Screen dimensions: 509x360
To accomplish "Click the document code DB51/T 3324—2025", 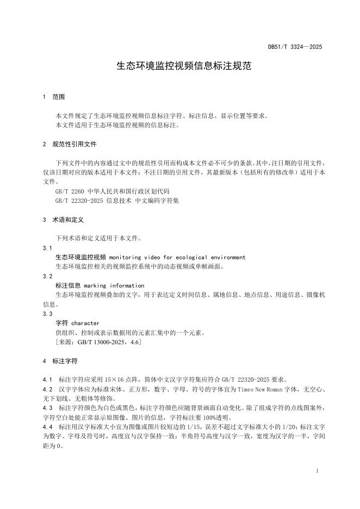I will click(295, 47).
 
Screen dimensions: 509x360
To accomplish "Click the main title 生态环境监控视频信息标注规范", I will click(180, 66).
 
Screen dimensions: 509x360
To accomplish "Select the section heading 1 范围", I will click(53, 97).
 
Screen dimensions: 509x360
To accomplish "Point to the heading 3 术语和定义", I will click(63, 220).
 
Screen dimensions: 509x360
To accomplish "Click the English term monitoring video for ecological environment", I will click(177, 257).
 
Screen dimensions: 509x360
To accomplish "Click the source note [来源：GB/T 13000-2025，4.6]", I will click(99, 342).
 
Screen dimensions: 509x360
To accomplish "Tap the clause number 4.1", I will click(47, 379).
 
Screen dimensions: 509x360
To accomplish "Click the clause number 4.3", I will click(47, 408).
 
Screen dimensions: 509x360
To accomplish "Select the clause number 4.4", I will click(47, 427).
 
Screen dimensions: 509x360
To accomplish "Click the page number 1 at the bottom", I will click(316, 471).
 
